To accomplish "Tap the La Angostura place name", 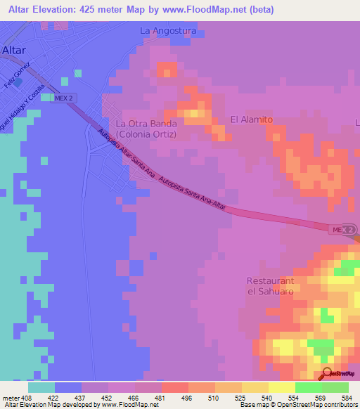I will click(x=167, y=31).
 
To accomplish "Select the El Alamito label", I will click(x=251, y=119).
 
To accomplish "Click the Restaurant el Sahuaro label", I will click(x=270, y=286).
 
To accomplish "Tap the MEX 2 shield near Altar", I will click(x=63, y=98).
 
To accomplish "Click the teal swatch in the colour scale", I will click(x=41, y=387).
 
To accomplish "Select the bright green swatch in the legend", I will click(x=308, y=387).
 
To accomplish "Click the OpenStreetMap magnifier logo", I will click(x=326, y=374).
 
